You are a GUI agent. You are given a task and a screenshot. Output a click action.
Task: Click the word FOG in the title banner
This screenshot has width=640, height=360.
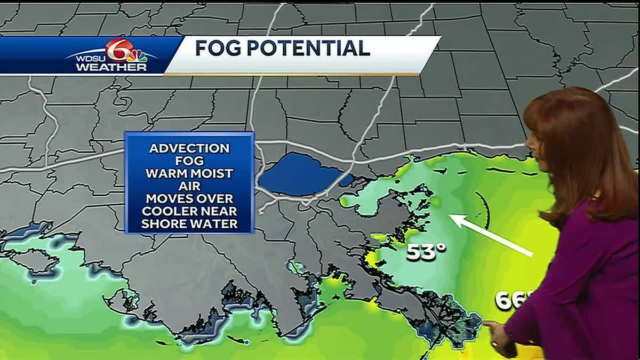[x=218, y=49]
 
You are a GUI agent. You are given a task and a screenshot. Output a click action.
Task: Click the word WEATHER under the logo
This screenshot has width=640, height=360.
[x=111, y=68]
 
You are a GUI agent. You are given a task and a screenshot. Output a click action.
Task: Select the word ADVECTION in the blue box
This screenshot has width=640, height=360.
[x=189, y=148]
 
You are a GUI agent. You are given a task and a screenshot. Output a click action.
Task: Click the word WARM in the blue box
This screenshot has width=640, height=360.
[x=167, y=173]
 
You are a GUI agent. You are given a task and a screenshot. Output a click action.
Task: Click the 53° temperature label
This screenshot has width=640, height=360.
[x=426, y=252]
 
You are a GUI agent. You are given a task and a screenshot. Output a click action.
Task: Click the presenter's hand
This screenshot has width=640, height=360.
[x=499, y=336]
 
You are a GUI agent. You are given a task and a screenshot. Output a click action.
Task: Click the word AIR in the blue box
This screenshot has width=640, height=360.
[x=189, y=186]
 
